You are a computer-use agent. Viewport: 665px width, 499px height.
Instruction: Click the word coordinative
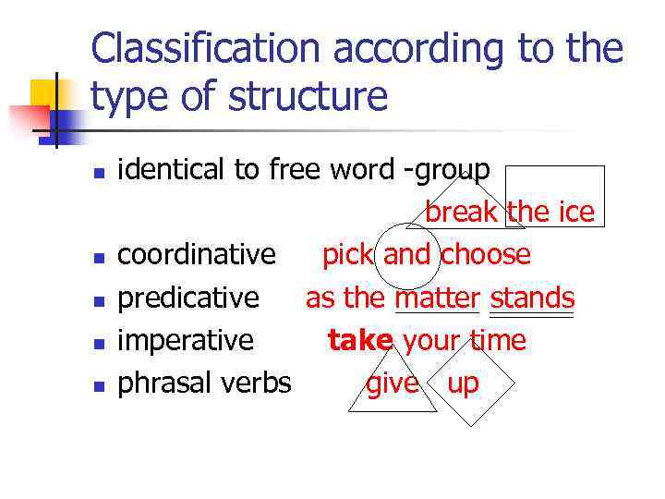[x=197, y=254]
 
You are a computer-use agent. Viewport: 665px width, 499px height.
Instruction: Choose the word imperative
[x=186, y=341]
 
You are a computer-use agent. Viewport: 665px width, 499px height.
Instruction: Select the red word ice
[x=576, y=213]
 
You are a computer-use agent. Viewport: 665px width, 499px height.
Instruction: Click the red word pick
[x=349, y=254]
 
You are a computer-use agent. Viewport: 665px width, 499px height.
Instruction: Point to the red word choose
[x=486, y=254]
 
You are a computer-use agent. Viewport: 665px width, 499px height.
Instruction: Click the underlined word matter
[x=438, y=298]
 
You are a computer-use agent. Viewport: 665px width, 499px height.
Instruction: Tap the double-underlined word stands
[x=532, y=298]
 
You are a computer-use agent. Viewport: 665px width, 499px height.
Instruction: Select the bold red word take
[x=360, y=341]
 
